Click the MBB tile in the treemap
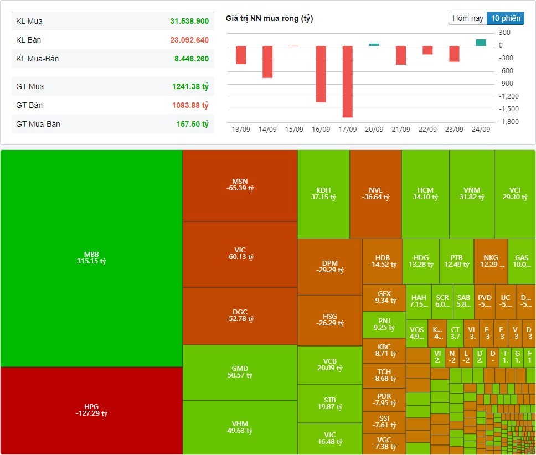pos(91,258)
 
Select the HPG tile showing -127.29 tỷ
pos(91,410)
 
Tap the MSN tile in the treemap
pos(239,185)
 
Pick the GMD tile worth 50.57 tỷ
pos(239,372)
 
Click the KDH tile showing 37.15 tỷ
pos(323,194)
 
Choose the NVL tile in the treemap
pos(375,194)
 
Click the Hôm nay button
pos(468,18)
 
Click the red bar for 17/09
pos(348,81)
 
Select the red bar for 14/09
pos(267,61)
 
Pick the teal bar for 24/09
pos(481,43)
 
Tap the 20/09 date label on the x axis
pos(374,130)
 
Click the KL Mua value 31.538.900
pos(189,21)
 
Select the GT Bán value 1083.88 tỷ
pos(190,105)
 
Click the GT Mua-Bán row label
pos(38,124)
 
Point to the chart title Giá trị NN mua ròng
pos(269,19)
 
